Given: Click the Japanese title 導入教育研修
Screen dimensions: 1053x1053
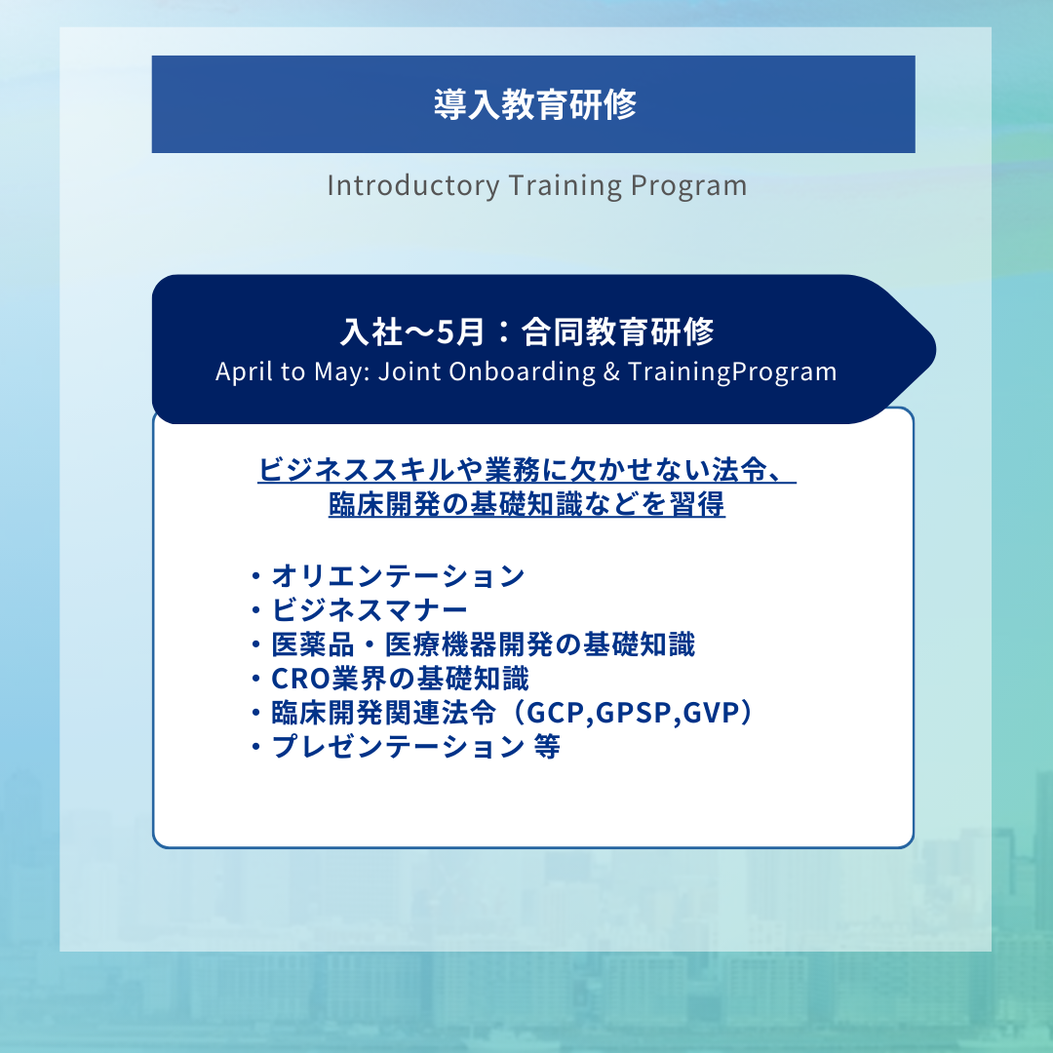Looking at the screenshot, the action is point(534,104).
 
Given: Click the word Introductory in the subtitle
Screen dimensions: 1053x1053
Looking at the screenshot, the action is point(413,186).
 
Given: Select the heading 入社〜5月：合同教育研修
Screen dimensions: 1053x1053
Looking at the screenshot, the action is point(527,331).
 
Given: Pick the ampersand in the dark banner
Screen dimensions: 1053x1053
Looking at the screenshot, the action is point(611,372).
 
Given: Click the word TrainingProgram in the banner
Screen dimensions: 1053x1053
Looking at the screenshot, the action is point(732,372).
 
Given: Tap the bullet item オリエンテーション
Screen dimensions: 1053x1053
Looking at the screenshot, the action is point(398,576).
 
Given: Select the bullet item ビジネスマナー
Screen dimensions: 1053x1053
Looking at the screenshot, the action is point(370,610).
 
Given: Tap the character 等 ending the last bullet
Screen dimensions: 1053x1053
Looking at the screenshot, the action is point(547,747).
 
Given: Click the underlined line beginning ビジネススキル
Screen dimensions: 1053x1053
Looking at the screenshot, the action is point(527,469).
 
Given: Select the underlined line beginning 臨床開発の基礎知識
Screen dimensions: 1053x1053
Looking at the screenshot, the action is point(527,504).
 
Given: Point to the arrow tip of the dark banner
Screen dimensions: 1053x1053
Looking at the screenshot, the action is point(935,349).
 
